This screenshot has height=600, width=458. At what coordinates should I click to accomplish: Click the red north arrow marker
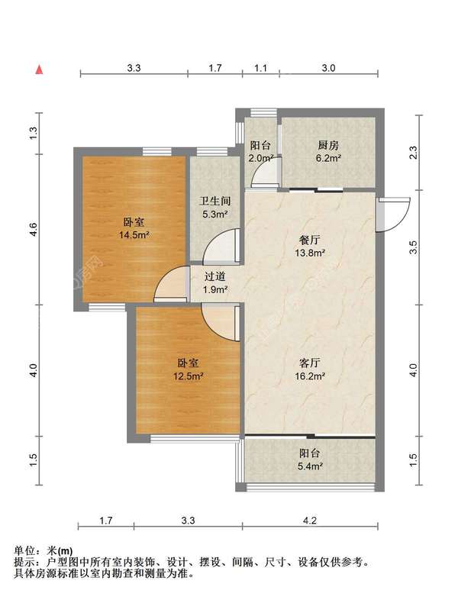pyautogui.click(x=39, y=69)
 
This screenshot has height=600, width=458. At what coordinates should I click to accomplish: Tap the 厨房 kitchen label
pyautogui.click(x=328, y=145)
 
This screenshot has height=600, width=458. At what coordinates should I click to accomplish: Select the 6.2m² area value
pyautogui.click(x=328, y=158)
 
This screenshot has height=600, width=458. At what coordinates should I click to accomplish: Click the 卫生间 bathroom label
pyautogui.click(x=215, y=202)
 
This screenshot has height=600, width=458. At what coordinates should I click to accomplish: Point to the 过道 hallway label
pyautogui.click(x=214, y=276)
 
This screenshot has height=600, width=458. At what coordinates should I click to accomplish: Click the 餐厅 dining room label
pyautogui.click(x=310, y=240)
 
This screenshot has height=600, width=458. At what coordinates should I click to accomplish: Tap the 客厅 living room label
pyautogui.click(x=310, y=363)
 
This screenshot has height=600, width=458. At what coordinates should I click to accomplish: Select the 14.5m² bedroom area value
pyautogui.click(x=134, y=234)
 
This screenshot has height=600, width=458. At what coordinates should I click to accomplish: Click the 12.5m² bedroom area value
pyautogui.click(x=188, y=376)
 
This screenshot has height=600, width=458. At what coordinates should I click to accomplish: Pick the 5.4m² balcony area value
pyautogui.click(x=310, y=466)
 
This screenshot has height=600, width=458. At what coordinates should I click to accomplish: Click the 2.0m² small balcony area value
pyautogui.click(x=261, y=158)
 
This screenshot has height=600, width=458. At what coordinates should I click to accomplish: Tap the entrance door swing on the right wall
pyautogui.click(x=394, y=215)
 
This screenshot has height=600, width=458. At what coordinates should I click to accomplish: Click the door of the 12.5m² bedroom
pyautogui.click(x=221, y=323)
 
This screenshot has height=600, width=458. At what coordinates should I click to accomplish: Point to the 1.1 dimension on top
pyautogui.click(x=260, y=68)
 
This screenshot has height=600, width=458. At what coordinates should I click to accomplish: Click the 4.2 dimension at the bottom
pyautogui.click(x=310, y=521)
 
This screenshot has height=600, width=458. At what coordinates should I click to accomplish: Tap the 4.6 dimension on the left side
pyautogui.click(x=34, y=229)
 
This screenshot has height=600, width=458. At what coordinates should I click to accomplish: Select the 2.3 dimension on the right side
pyautogui.click(x=413, y=153)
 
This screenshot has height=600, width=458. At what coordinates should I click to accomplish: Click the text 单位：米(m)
pyautogui.click(x=44, y=550)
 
